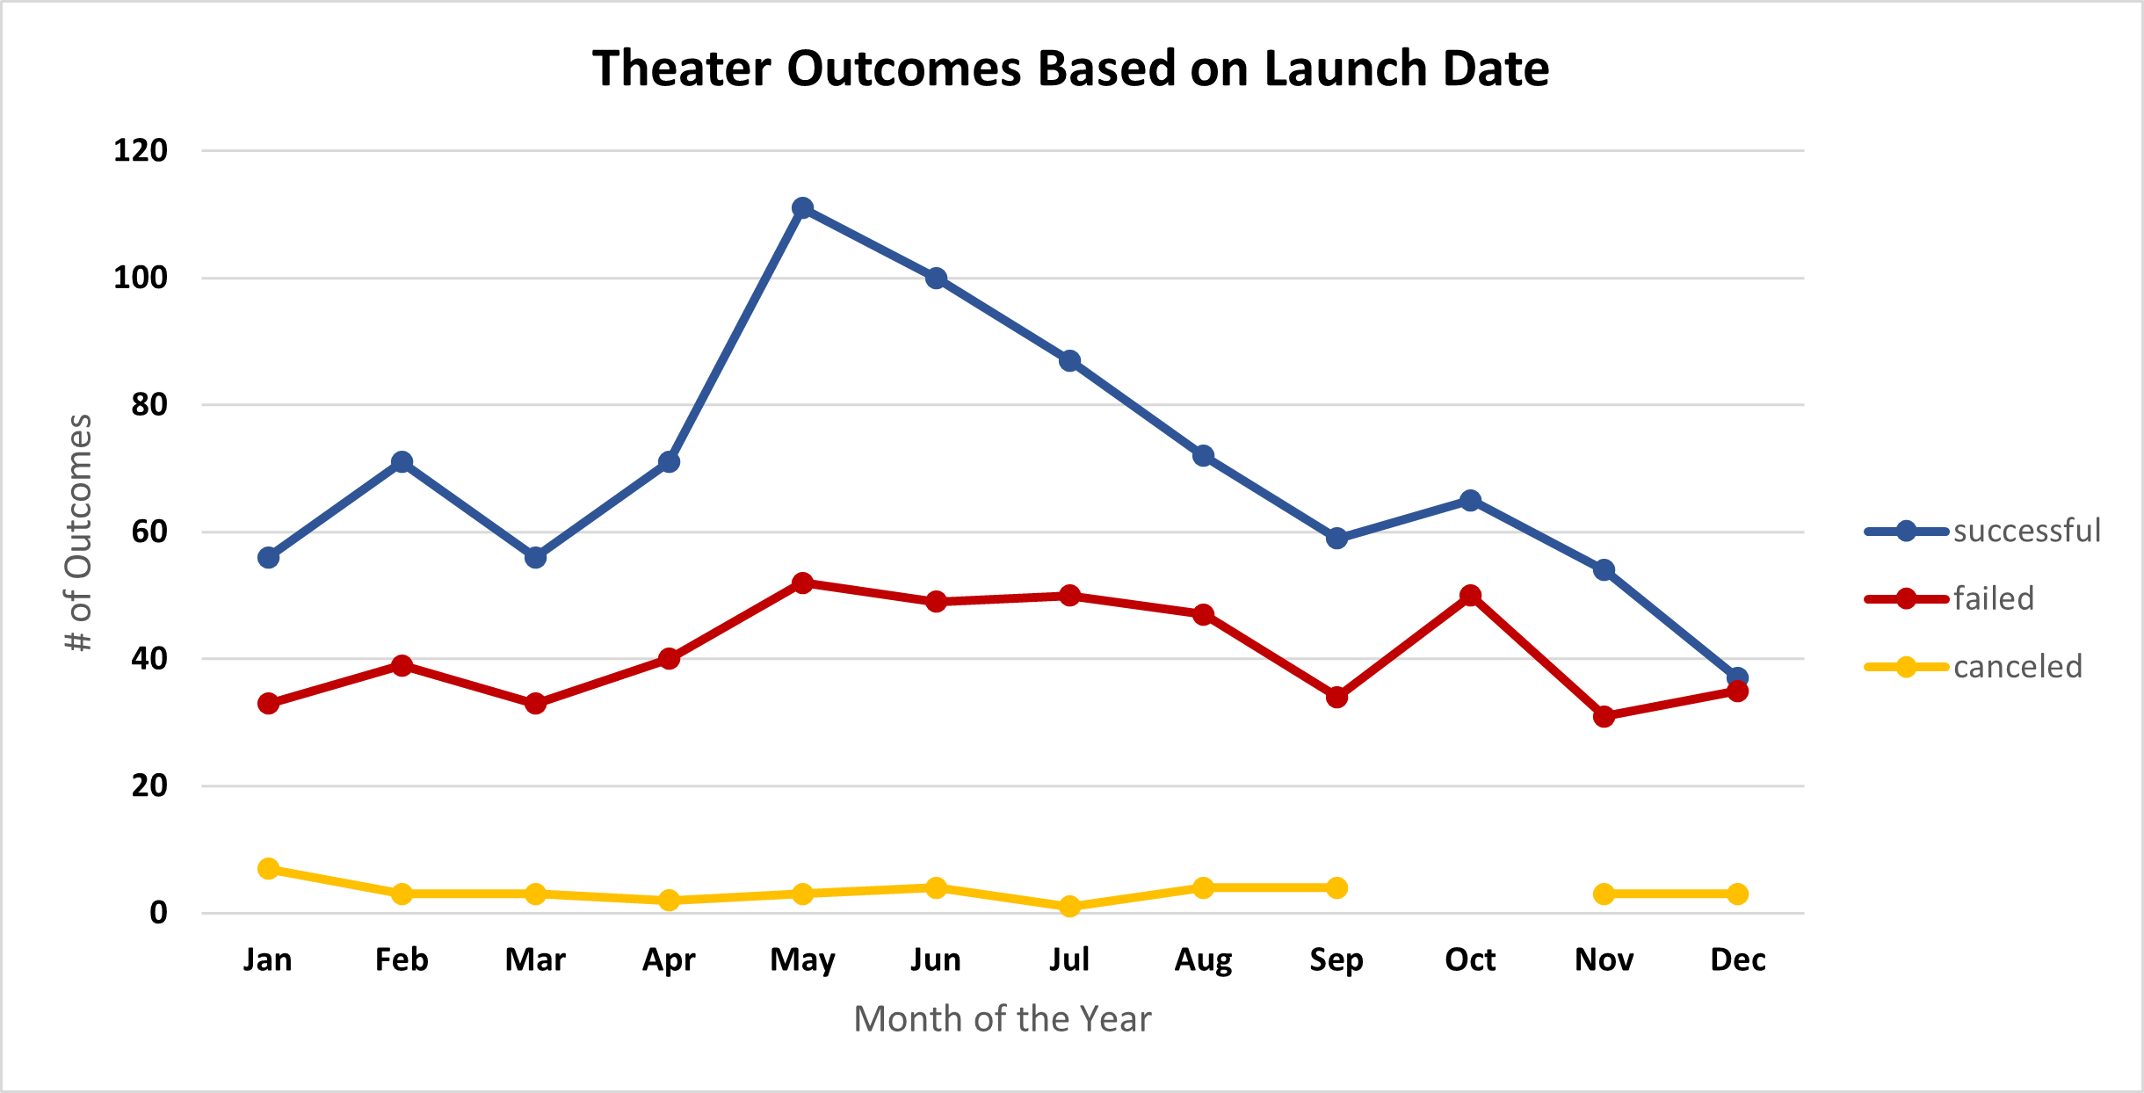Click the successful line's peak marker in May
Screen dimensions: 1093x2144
pyautogui.click(x=802, y=208)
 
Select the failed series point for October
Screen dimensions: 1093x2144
pyautogui.click(x=1470, y=596)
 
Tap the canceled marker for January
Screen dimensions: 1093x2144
pyautogui.click(x=268, y=869)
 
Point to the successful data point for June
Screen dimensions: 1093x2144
pyautogui.click(x=936, y=279)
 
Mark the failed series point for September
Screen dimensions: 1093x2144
pyautogui.click(x=1336, y=698)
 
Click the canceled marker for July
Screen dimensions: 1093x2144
pyautogui.click(x=1069, y=906)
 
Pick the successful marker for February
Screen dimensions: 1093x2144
pyautogui.click(x=402, y=462)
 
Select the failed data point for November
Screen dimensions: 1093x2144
pyautogui.click(x=1604, y=717)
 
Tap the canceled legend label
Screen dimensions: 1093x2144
pyautogui.click(x=2017, y=667)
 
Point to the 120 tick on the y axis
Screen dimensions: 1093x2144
pyautogui.click(x=141, y=150)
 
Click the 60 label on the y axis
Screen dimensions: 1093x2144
pyautogui.click(x=148, y=532)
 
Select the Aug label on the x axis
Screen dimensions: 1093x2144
pyautogui.click(x=1203, y=959)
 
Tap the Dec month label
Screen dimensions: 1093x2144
pyautogui.click(x=1737, y=959)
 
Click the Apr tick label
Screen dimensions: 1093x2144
pyautogui.click(x=669, y=959)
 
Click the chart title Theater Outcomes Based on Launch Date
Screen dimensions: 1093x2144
pyautogui.click(x=1070, y=69)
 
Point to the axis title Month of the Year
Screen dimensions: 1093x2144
pyautogui.click(x=1002, y=1019)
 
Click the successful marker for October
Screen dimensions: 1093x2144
pyautogui.click(x=1470, y=501)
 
